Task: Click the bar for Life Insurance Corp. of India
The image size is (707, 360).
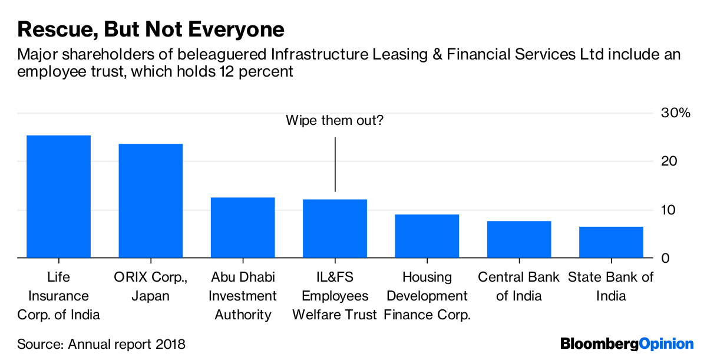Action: pyautogui.click(x=58, y=197)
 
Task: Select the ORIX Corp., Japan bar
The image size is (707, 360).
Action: pyautogui.click(x=150, y=201)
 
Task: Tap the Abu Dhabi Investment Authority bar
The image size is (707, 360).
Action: pyautogui.click(x=242, y=227)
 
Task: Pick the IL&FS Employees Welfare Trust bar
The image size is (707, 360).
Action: pyautogui.click(x=335, y=229)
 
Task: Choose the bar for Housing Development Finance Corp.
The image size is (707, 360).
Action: pyautogui.click(x=427, y=236)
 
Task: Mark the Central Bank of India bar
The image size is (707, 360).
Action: pyautogui.click(x=518, y=239)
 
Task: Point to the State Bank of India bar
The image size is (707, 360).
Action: pyautogui.click(x=611, y=242)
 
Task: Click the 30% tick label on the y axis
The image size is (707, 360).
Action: pyautogui.click(x=675, y=113)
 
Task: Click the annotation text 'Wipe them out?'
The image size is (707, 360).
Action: pyautogui.click(x=334, y=121)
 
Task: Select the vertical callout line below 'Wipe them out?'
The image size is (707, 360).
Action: pyautogui.click(x=335, y=164)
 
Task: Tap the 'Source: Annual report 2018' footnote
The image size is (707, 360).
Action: pyautogui.click(x=101, y=344)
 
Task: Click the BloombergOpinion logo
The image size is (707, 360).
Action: pyautogui.click(x=627, y=344)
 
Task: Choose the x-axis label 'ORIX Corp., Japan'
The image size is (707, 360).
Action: pyautogui.click(x=150, y=286)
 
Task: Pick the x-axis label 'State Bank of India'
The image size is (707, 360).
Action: pyautogui.click(x=611, y=286)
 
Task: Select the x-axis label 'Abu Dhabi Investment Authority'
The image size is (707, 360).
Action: pyautogui.click(x=242, y=296)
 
